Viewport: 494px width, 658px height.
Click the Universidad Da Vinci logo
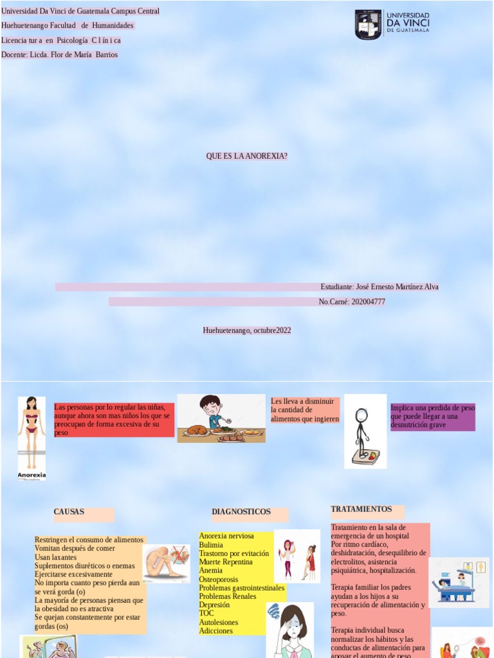[x=392, y=24]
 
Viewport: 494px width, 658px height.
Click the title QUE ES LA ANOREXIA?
[x=246, y=156]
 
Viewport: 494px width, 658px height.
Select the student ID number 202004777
[x=368, y=301]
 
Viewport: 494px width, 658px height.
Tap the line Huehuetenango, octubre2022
[x=247, y=330]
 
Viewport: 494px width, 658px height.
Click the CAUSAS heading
[x=69, y=512]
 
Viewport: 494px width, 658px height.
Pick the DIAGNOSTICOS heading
[x=241, y=512]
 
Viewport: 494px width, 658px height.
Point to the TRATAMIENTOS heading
[x=361, y=510]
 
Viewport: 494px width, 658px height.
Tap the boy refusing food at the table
[x=221, y=418]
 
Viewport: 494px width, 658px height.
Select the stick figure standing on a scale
[x=365, y=431]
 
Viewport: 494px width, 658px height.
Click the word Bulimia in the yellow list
[x=211, y=545]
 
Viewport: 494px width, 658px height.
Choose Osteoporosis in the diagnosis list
[x=219, y=580]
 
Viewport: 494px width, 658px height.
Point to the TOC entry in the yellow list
[x=206, y=614]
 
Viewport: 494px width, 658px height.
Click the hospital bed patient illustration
[x=459, y=582]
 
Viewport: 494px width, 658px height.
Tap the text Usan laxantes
[x=55, y=557]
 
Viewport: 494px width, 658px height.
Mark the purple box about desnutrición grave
[x=432, y=416]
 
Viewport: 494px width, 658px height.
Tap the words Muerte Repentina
[x=226, y=562]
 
